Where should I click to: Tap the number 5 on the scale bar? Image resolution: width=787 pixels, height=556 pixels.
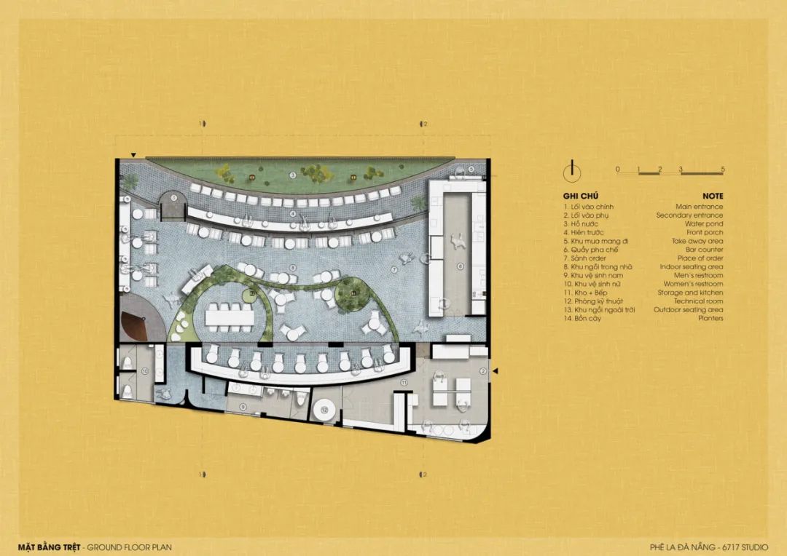coord(723,170)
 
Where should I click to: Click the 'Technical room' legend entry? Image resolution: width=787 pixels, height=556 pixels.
coord(698,301)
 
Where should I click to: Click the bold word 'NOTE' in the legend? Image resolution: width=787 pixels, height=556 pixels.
coord(713,196)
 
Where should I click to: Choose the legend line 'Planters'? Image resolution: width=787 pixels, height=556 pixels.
coord(710,319)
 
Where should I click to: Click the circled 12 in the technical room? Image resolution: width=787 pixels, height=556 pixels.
coord(325,411)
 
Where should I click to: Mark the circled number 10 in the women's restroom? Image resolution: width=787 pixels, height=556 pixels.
coord(145,372)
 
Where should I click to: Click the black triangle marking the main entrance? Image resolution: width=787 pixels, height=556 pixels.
coord(133,155)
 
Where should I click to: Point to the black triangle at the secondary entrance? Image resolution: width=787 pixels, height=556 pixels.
coord(495,372)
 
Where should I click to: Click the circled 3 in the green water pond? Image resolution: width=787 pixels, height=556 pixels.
coord(293,175)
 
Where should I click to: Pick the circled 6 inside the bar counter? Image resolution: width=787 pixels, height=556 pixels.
coord(460,266)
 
